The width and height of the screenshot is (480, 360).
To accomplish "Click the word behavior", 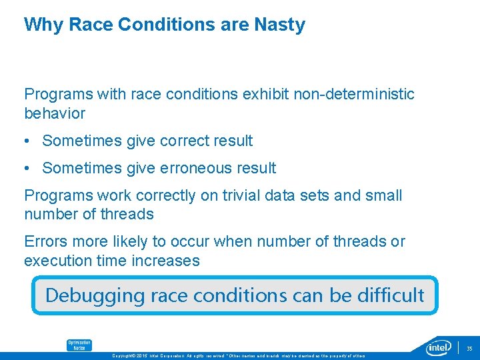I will (x=55, y=113).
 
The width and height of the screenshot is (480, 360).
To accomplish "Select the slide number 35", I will (x=469, y=348).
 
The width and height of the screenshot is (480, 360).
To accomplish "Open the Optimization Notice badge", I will (x=79, y=345).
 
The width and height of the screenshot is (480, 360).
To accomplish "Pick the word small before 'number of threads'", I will (x=383, y=195).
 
